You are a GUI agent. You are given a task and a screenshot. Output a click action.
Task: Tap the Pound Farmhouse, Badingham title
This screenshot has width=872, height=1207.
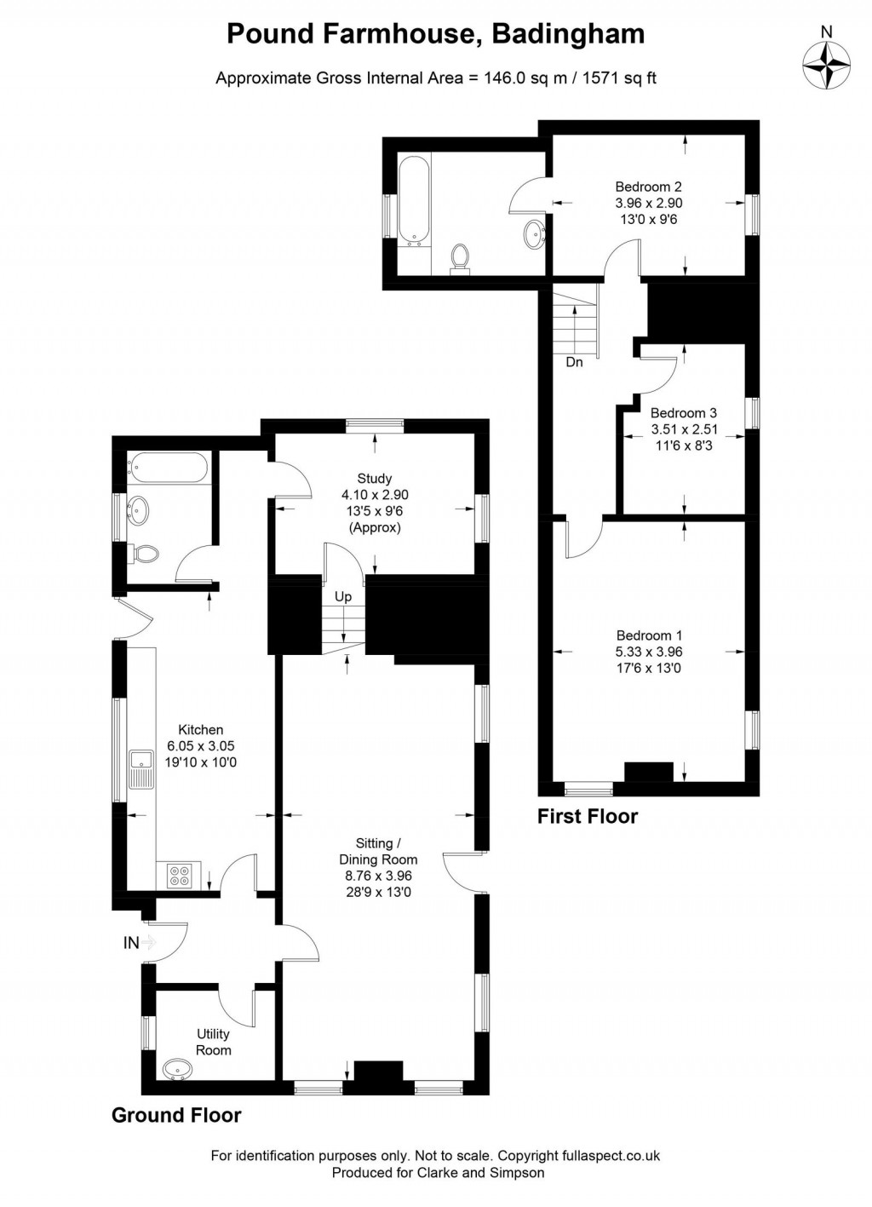[435, 34]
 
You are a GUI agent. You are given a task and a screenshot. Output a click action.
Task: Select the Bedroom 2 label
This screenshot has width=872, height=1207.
[648, 203]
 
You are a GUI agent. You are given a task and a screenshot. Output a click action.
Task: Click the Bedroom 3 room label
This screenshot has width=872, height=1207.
[683, 428]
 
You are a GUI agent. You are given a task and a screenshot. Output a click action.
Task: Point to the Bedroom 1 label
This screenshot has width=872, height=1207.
[649, 652]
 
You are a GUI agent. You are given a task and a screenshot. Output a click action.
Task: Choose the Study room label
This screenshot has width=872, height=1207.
[375, 503]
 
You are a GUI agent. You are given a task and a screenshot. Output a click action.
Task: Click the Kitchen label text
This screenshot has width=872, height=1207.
[201, 745]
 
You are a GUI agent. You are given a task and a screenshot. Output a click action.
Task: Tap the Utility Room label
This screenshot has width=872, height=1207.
[213, 1042]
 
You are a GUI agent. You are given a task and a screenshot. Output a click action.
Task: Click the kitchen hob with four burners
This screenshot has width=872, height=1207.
[180, 875]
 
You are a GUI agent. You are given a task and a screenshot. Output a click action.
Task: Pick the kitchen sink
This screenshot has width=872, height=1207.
[141, 769]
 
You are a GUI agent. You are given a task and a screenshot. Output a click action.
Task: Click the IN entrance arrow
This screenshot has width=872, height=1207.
[149, 942]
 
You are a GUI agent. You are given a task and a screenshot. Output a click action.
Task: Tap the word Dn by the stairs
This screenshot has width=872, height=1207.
[575, 362]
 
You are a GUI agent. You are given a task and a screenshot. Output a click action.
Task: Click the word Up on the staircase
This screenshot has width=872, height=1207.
[343, 596]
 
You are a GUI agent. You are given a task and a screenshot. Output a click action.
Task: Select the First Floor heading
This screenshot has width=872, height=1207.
[588, 816]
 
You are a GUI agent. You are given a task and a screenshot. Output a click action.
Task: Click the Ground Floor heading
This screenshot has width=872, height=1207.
[176, 1115]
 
